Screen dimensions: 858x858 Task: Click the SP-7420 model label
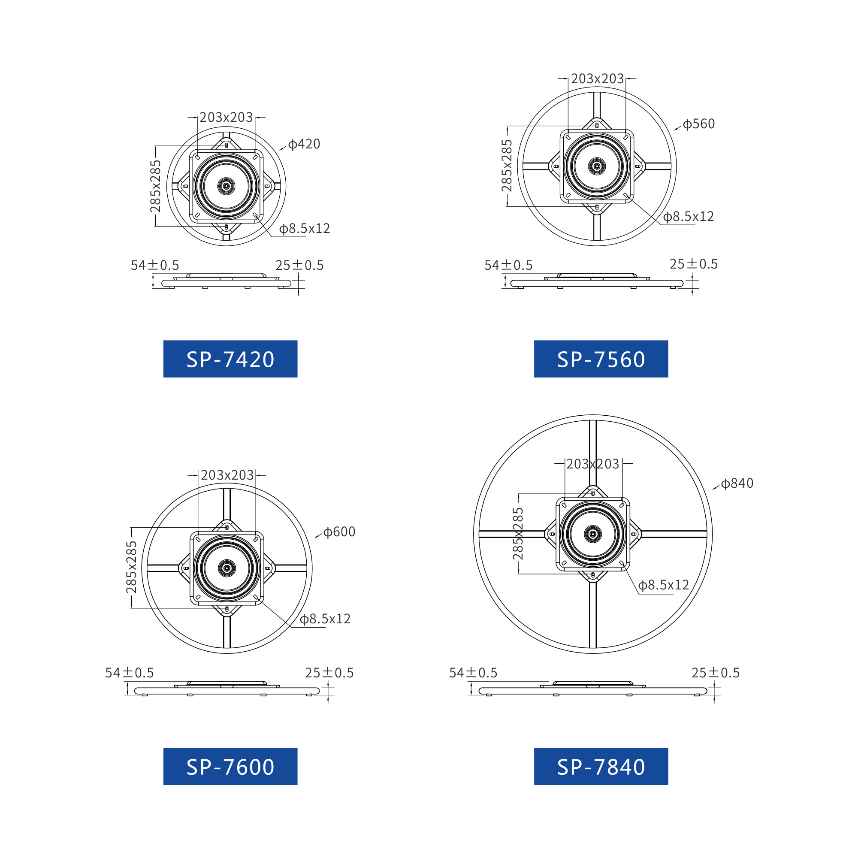(x=230, y=359)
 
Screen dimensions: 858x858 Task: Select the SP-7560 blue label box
(x=601, y=359)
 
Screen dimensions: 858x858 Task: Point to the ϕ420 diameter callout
(x=304, y=144)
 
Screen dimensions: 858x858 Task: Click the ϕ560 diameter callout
(x=698, y=124)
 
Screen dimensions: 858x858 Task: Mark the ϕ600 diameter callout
(x=339, y=532)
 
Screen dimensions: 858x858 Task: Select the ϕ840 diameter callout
(x=737, y=483)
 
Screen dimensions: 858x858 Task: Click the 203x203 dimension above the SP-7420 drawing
(x=226, y=117)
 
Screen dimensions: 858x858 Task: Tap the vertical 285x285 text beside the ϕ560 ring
(x=507, y=166)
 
